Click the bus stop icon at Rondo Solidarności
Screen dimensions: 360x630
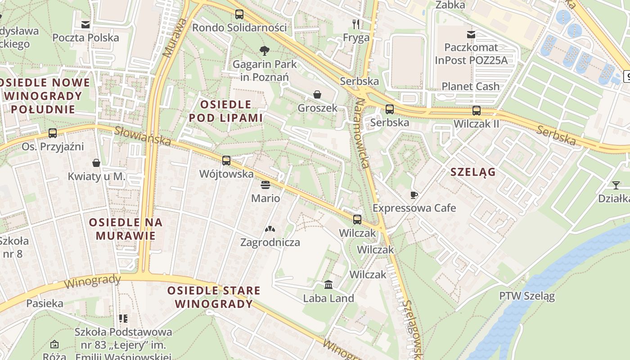coord(239,14)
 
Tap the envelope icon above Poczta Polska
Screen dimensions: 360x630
coord(85,24)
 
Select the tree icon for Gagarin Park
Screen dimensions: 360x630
coord(264,50)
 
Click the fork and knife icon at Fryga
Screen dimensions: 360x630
coord(356,24)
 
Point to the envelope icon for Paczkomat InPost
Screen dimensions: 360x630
coord(471,34)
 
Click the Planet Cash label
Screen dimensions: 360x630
coord(471,86)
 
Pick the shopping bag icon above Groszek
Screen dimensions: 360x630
coord(317,94)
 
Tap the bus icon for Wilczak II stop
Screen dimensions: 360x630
coord(477,110)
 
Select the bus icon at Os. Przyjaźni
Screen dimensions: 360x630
coord(53,133)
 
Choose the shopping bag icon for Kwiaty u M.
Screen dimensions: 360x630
coord(96,163)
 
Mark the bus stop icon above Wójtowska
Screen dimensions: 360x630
coord(226,161)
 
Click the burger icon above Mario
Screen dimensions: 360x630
coord(265,185)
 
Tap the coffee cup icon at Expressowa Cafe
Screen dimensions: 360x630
coord(414,195)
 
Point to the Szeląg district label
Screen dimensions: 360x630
coord(473,172)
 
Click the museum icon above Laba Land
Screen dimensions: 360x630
coord(328,285)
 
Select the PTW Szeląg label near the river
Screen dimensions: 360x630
coord(527,296)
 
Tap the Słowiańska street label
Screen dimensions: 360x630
coord(142,135)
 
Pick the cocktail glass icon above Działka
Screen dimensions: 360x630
coord(616,185)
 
